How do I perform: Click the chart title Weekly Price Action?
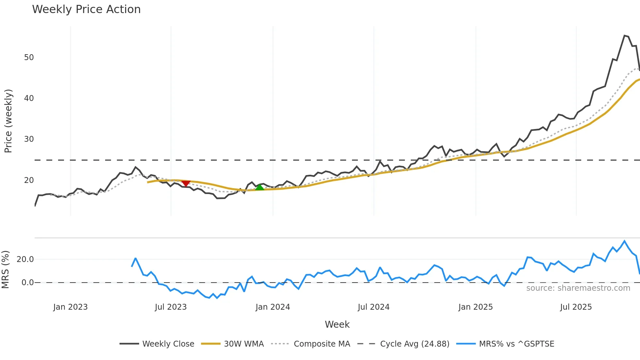[x=86, y=9]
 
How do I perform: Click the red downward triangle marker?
[x=186, y=184]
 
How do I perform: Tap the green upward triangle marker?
[x=260, y=187]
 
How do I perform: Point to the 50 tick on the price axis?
[x=29, y=57]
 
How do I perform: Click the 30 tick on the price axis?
[x=29, y=139]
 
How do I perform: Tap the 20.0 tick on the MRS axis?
[x=25, y=259]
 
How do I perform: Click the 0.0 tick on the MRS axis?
[x=27, y=283]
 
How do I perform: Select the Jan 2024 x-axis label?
[x=273, y=307]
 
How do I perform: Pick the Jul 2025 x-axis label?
[x=576, y=307]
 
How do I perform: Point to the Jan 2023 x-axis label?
[x=71, y=307]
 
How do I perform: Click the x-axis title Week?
[x=337, y=324]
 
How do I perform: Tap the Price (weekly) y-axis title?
[x=8, y=121]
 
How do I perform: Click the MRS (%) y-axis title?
[x=6, y=270]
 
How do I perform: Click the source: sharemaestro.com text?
[x=578, y=288]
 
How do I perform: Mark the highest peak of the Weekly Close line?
[x=624, y=36]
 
